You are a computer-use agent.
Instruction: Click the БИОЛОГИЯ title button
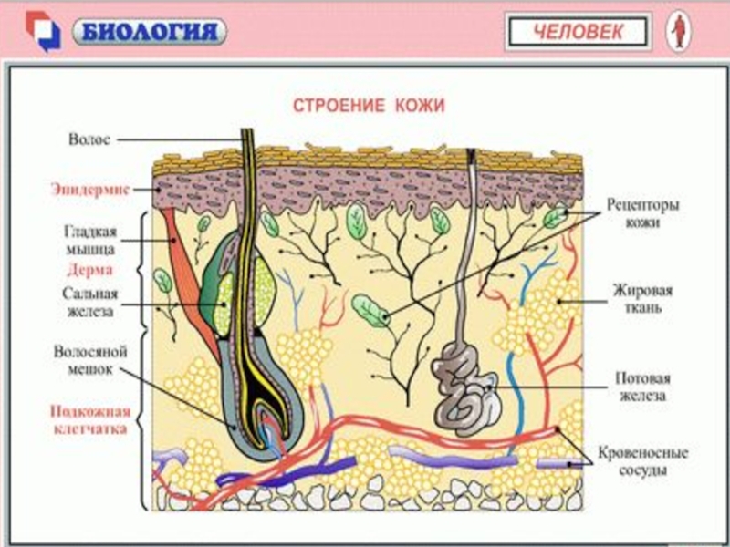[x=151, y=33]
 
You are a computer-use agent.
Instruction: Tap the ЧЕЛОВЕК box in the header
[x=579, y=33]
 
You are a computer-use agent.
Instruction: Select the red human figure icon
[x=678, y=32]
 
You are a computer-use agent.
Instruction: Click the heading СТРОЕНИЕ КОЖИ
[x=368, y=106]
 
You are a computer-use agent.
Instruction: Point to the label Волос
[x=89, y=139]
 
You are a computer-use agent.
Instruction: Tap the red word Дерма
[x=89, y=270]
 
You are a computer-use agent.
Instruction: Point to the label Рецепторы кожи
[x=643, y=212]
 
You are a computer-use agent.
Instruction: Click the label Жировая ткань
[x=642, y=299]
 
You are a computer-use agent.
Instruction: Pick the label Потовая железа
[x=642, y=387]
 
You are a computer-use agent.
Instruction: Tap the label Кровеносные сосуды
[x=642, y=461]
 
